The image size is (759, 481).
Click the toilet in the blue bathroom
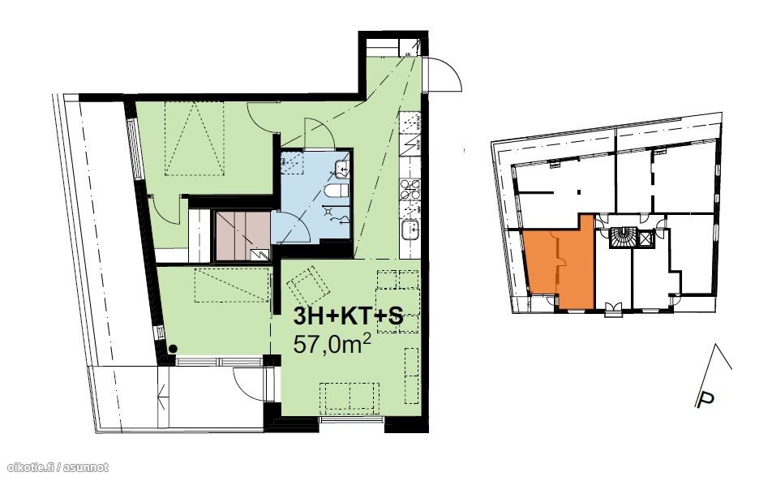pyautogui.click(x=337, y=191)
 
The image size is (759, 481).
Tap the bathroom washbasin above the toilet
pyautogui.click(x=341, y=168)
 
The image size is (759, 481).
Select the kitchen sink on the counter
pyautogui.click(x=411, y=228)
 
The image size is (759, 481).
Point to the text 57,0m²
pyautogui.click(x=332, y=345)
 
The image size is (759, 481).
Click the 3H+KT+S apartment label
pyautogui.click(x=348, y=317)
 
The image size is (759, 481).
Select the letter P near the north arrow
pyautogui.click(x=705, y=400)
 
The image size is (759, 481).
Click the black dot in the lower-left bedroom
pyautogui.click(x=172, y=348)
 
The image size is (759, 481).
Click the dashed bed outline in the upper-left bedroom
pyautogui.click(x=195, y=139)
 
